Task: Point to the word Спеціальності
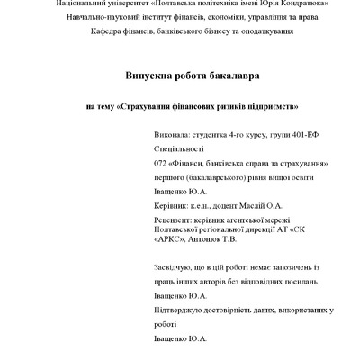point(180,148)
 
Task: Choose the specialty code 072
point(162,164)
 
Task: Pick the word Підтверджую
point(182,310)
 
